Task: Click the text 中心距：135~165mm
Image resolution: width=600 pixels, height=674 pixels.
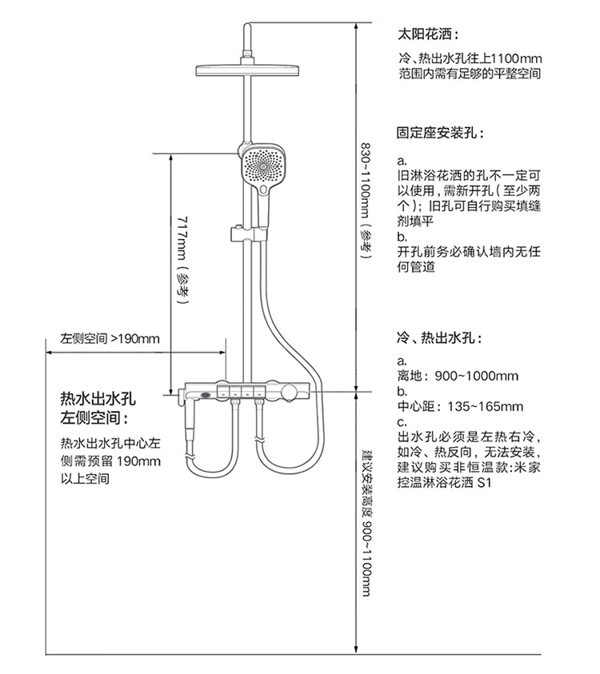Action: coord(460,406)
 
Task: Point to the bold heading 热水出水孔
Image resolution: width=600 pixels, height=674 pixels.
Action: coord(100,399)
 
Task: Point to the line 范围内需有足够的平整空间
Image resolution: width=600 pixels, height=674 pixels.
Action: coord(470,74)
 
